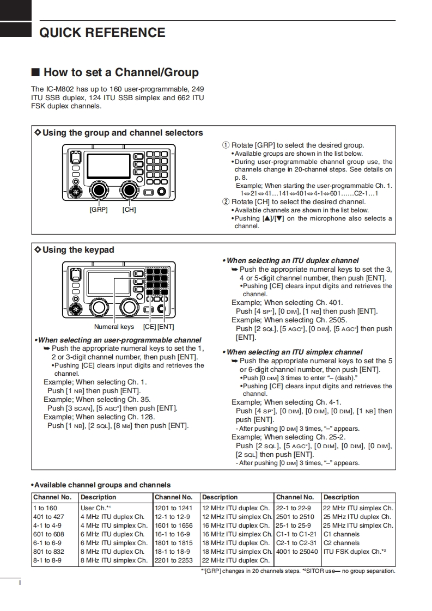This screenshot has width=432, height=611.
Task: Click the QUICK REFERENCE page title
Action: [102, 33]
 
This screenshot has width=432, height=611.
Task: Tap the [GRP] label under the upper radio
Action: [99, 210]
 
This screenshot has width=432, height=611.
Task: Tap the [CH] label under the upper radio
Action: [129, 210]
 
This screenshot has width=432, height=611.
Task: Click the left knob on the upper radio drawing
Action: [99, 190]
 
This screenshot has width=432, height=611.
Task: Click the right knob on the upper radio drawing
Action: [129, 190]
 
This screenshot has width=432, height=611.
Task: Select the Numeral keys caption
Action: [114, 327]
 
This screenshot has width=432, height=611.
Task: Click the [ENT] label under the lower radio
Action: [166, 327]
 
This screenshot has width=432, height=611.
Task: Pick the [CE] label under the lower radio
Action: [149, 327]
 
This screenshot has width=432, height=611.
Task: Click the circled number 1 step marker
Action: [226, 145]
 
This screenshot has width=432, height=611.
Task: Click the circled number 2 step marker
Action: [226, 202]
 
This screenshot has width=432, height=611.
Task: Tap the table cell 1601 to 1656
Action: [174, 526]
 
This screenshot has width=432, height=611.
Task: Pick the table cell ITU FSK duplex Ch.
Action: [355, 552]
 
